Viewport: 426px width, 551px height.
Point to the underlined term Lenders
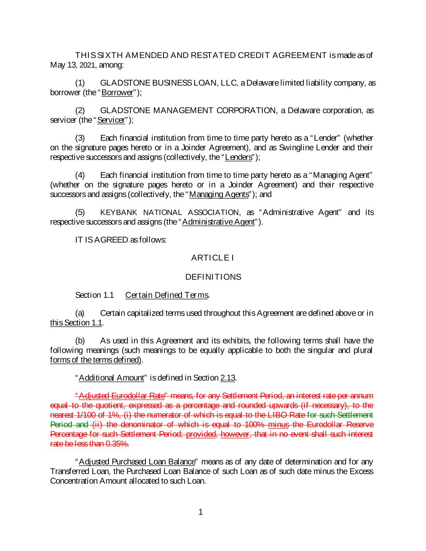[239, 157]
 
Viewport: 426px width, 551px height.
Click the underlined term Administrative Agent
[218, 222]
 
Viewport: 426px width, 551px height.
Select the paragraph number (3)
[80, 138]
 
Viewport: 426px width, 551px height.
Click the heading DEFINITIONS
[213, 277]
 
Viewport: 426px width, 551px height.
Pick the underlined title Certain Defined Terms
[167, 295]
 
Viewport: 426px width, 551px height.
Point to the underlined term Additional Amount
[111, 378]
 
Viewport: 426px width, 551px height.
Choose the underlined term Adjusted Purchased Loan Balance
[137, 461]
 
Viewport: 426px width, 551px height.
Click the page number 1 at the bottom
[201, 513]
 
